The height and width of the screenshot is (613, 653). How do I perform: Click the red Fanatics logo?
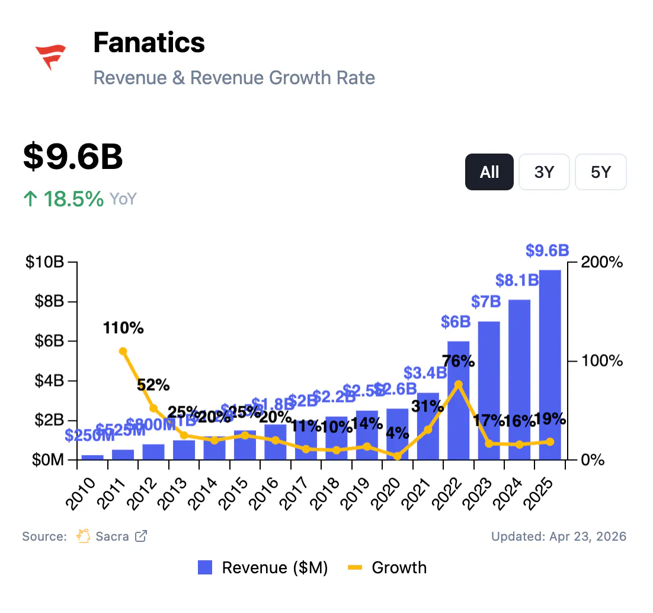(50, 57)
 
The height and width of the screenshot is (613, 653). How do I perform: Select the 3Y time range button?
(544, 172)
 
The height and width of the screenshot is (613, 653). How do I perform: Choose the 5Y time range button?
(600, 172)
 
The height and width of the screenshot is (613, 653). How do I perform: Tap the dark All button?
(489, 172)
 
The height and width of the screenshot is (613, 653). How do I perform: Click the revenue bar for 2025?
(550, 365)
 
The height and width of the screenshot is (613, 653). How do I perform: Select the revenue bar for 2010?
(92, 457)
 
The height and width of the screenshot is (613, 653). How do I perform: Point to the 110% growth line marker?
(123, 351)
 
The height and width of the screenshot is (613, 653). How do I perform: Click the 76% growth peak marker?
(458, 384)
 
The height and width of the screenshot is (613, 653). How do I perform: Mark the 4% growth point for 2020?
(397, 456)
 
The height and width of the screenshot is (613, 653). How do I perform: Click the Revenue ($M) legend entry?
(263, 567)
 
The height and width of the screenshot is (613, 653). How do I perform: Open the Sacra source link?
(112, 537)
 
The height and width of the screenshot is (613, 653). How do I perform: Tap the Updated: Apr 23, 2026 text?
(558, 537)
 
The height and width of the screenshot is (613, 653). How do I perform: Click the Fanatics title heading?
(149, 43)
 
